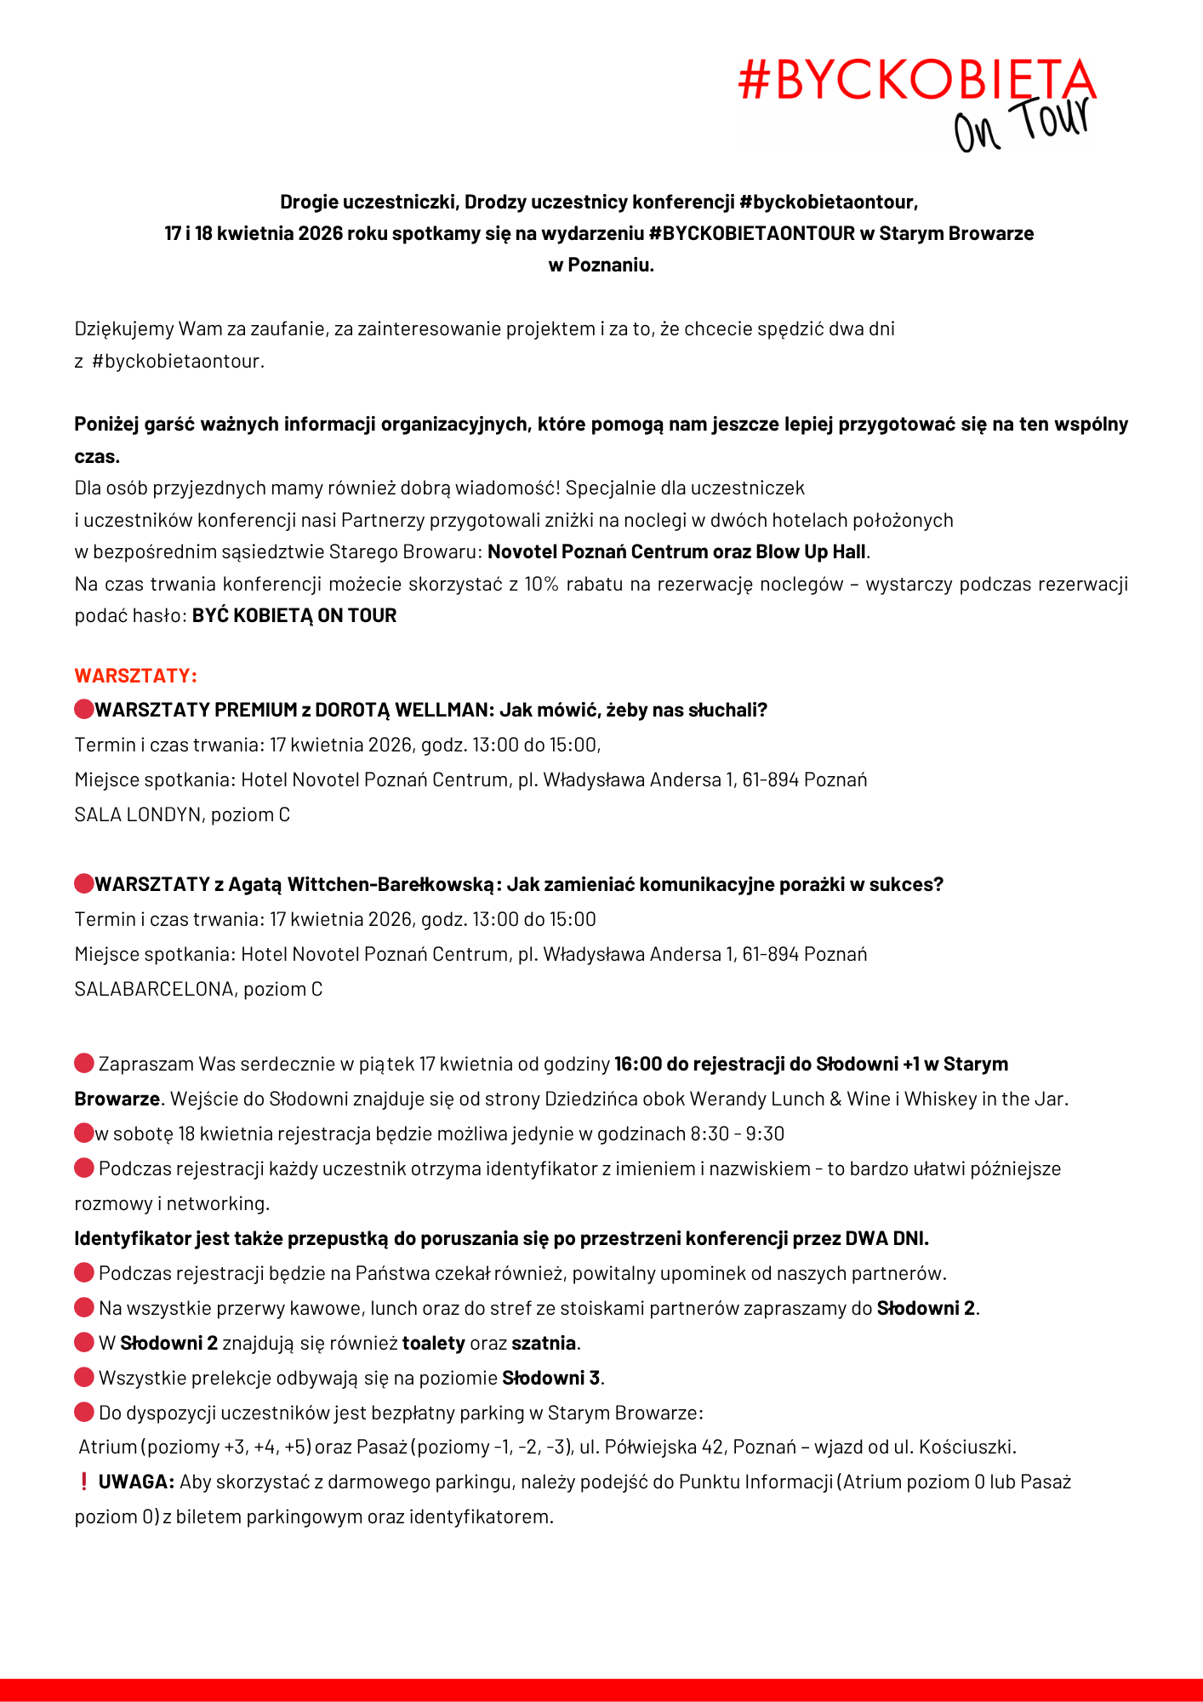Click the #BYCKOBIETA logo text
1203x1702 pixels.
click(x=916, y=80)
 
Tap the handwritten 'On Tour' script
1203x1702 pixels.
click(x=1021, y=126)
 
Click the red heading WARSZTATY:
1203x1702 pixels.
click(x=135, y=676)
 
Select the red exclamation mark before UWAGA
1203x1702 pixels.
click(x=83, y=1482)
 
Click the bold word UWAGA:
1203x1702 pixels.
click(x=136, y=1482)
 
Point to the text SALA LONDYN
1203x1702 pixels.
click(x=138, y=814)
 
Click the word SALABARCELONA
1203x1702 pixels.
click(x=153, y=989)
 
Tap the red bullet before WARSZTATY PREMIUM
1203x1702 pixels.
click(x=83, y=710)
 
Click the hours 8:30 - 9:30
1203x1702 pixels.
click(x=737, y=1134)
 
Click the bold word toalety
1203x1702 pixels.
click(x=433, y=1343)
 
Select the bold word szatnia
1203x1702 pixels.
click(x=544, y=1343)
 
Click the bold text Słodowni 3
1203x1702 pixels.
click(x=550, y=1378)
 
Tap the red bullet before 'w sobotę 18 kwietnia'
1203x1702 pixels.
click(x=83, y=1134)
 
